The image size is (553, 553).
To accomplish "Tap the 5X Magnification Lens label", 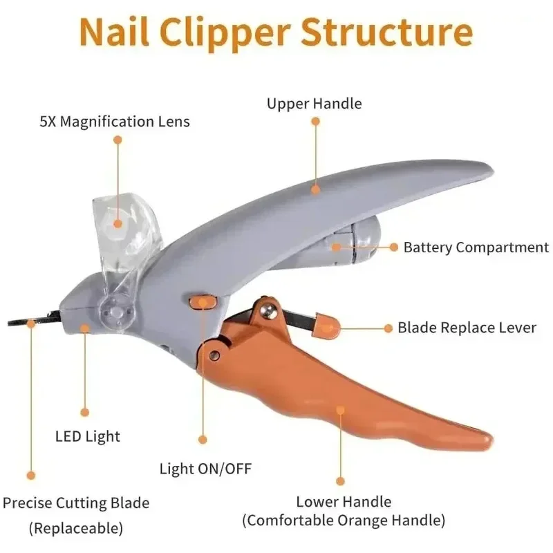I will pyautogui.click(x=115, y=122).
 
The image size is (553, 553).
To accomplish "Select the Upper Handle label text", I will pyautogui.click(x=315, y=104).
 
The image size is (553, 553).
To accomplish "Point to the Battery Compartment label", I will pyautogui.click(x=476, y=247).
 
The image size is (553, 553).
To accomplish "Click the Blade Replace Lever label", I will pyautogui.click(x=467, y=328).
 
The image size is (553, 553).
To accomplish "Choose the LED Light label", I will pyautogui.click(x=88, y=436).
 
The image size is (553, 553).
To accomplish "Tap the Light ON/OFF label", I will pyautogui.click(x=205, y=469).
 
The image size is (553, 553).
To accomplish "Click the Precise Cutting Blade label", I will pyautogui.click(x=76, y=503).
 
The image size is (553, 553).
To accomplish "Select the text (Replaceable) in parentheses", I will pyautogui.click(x=76, y=529).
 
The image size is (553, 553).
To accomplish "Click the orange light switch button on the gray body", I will pyautogui.click(x=201, y=301).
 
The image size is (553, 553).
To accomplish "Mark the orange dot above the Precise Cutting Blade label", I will pyautogui.click(x=30, y=474).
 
